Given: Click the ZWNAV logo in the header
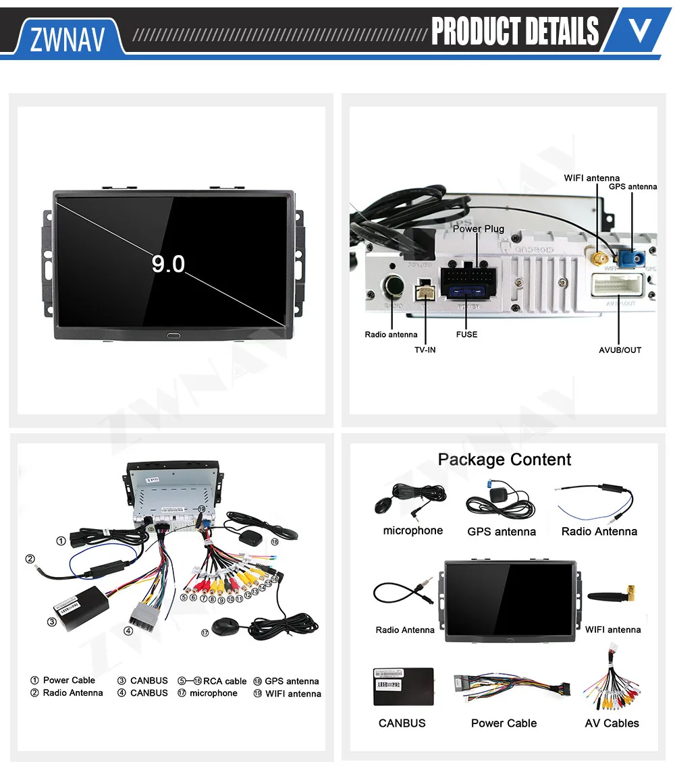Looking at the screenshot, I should coord(67,39).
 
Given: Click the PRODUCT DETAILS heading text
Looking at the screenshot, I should coord(514,31).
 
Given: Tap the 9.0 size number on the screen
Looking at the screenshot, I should coord(167,263).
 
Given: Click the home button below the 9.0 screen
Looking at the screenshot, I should coord(174,334).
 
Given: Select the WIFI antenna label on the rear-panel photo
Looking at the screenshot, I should coord(591,178).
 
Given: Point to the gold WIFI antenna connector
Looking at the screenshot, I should coord(598,258).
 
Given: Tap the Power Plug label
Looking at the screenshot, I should coord(478,229).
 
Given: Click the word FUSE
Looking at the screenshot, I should coord(466,334).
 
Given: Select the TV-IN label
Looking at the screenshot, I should coord(425,350).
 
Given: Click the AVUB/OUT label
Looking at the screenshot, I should coord(620,350).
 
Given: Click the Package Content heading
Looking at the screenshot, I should coord(504,460).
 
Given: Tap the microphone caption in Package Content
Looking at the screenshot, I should coord(412,530).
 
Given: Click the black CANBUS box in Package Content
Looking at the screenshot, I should coord(404,686).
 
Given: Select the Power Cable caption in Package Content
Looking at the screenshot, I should coord(504,723).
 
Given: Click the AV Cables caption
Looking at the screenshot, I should coord(612,723).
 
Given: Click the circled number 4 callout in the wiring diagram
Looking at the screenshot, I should coord(128,631).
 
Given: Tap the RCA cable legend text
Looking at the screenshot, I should coord(225,681).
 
